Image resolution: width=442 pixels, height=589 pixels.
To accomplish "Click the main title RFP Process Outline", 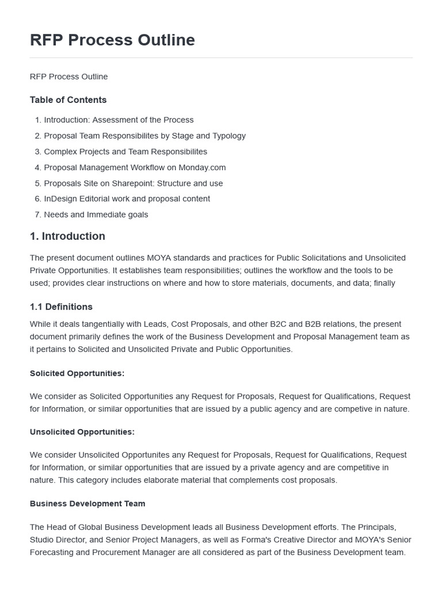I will click(112, 40).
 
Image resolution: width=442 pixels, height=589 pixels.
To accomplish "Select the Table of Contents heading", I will click(68, 100).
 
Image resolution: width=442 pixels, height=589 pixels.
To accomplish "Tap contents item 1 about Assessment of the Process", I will click(119, 120).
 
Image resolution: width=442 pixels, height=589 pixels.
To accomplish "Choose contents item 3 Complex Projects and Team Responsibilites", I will click(125, 151).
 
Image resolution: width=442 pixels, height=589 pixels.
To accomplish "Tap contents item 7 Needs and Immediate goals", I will click(96, 215).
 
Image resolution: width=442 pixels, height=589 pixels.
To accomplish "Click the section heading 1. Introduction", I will click(67, 236).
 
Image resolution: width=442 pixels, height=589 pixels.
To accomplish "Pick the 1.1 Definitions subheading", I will click(61, 307).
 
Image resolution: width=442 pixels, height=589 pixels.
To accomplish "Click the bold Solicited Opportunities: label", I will click(77, 373).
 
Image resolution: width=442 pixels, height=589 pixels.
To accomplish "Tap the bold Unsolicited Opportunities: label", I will click(82, 431).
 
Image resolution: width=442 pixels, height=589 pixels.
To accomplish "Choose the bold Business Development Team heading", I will click(87, 503).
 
